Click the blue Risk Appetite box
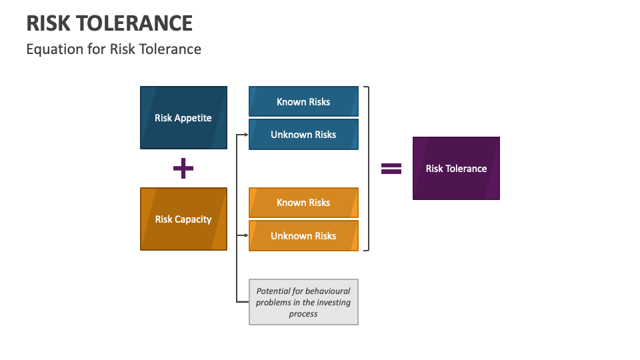(183, 117)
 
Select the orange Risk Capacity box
(183, 219)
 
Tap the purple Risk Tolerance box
(456, 168)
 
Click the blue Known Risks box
(303, 101)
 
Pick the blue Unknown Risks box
(303, 134)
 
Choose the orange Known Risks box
(303, 203)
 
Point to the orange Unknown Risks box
(303, 235)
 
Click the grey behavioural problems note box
(303, 302)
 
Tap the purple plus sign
(183, 169)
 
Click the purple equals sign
(391, 169)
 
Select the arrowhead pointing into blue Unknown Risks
(246, 134)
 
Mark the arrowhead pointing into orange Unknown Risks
(246, 235)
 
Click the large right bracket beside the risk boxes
(367, 168)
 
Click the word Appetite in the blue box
(193, 118)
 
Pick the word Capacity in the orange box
(193, 219)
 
